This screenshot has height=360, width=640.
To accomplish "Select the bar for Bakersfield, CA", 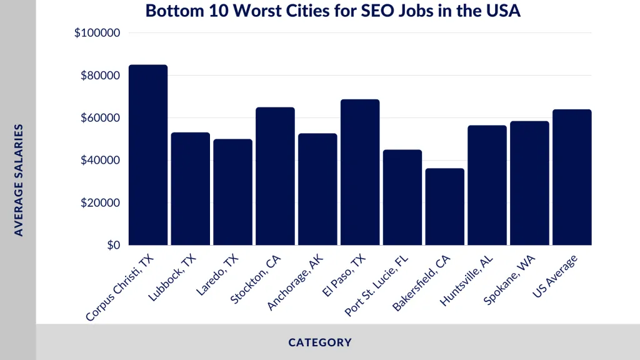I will [x=446, y=207].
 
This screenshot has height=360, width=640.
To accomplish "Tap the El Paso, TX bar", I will [x=361, y=172].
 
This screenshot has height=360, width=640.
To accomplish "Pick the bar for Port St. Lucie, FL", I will [x=403, y=197].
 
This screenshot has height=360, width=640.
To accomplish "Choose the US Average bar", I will [x=572, y=177].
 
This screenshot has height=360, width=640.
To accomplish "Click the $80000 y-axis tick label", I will [x=99, y=76].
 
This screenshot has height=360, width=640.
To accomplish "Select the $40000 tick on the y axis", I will [x=99, y=161].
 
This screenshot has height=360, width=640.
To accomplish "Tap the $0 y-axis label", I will [x=112, y=246].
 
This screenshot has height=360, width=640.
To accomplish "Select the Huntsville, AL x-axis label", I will [x=464, y=282].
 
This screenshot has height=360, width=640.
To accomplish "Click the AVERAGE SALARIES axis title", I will [x=19, y=180].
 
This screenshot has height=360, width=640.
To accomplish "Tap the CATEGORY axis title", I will [x=320, y=342].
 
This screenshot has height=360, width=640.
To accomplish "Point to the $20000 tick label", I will [x=99, y=203].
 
